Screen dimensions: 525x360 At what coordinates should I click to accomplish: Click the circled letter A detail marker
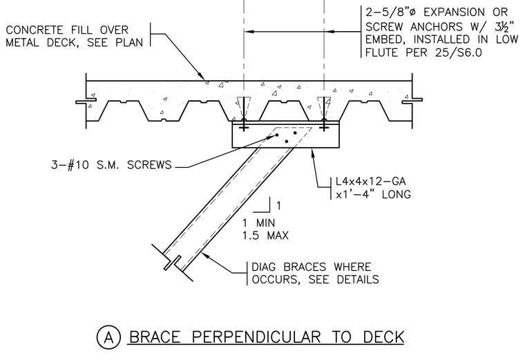[x=108, y=338]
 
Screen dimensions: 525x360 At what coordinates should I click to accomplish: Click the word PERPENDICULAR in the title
[x=256, y=337]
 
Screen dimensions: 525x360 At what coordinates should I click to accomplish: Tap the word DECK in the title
[x=383, y=337]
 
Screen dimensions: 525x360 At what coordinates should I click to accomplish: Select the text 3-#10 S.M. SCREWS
[x=111, y=165]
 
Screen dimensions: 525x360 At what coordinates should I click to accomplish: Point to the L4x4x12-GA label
[x=371, y=182]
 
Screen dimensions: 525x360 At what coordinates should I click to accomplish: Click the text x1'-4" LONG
[x=373, y=194]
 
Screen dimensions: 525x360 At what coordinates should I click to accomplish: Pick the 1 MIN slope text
[x=259, y=223]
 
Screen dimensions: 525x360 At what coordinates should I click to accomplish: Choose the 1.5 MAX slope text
[x=265, y=236]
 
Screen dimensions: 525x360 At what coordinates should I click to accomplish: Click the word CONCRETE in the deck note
[x=35, y=30]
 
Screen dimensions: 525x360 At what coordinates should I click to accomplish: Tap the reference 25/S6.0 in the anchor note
[x=459, y=53]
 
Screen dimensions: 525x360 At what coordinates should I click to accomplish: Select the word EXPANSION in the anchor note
[x=454, y=12]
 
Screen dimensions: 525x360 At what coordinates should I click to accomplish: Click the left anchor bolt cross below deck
[x=244, y=127]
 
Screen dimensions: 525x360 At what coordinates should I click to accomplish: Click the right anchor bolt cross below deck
[x=324, y=127]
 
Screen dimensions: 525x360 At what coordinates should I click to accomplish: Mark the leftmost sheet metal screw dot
[x=277, y=135]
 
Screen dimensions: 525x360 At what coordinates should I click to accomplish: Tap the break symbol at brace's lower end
[x=173, y=263]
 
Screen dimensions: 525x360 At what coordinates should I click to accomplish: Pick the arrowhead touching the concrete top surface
[x=201, y=76]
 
